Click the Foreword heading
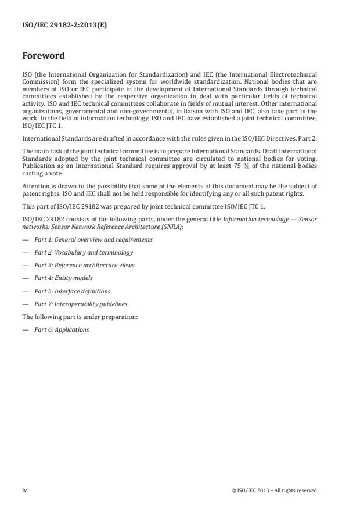(x=44, y=56)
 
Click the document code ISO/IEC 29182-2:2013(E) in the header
(x=57, y=26)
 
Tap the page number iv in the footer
(x=24, y=490)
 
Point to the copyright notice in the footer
(x=274, y=490)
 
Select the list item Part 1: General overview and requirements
(x=93, y=239)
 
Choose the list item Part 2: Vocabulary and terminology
(x=84, y=252)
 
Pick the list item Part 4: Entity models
(x=63, y=278)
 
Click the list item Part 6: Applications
(x=62, y=329)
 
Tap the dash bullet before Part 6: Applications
(x=25, y=329)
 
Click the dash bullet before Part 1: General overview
(x=25, y=239)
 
